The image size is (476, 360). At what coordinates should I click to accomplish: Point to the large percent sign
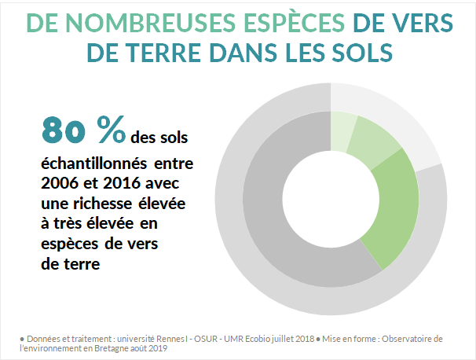click(111, 130)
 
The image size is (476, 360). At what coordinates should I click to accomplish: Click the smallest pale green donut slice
click(342, 129)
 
